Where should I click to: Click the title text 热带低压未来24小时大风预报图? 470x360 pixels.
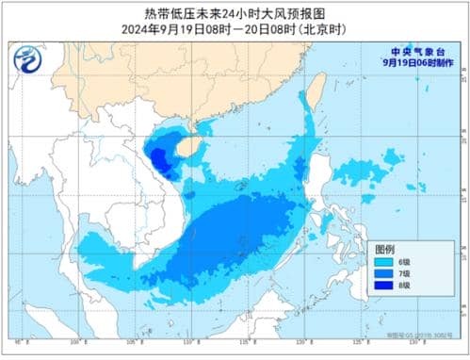(x=235, y=14)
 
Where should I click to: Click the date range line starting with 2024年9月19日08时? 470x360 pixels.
(x=235, y=28)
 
